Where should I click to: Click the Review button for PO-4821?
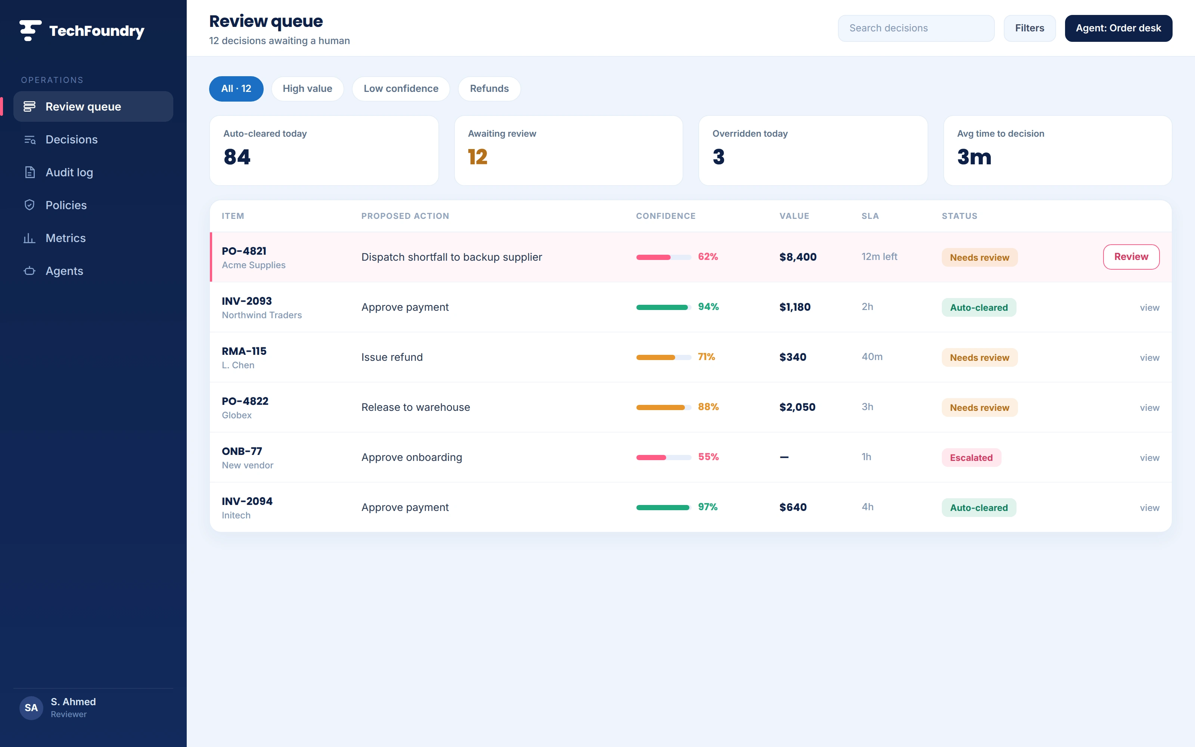click(x=1131, y=257)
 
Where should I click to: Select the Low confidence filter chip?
click(x=400, y=89)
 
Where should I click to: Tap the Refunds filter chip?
click(x=489, y=89)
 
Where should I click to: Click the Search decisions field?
click(x=916, y=28)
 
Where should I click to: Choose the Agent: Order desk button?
click(x=1118, y=28)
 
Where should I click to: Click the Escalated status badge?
click(x=971, y=458)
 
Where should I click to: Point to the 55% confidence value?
click(x=708, y=457)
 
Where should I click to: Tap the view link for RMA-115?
click(x=1149, y=358)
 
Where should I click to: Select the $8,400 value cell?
click(x=798, y=257)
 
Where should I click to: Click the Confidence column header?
click(x=665, y=216)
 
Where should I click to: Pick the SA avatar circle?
click(x=31, y=707)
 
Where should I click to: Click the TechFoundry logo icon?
click(x=30, y=31)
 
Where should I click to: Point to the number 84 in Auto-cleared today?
click(x=237, y=157)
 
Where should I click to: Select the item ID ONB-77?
click(x=242, y=451)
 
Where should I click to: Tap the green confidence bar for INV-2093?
click(x=662, y=307)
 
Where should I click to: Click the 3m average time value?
click(x=974, y=157)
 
